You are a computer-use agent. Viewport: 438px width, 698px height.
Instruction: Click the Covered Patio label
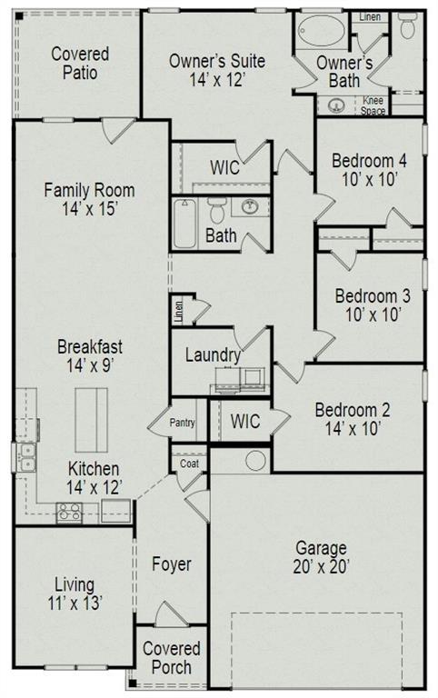[80, 64]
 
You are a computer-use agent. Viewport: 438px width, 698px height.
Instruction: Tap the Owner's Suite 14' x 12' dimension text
[218, 79]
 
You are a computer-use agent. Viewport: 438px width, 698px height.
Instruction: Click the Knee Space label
[373, 105]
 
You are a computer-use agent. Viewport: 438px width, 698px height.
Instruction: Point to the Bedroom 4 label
[369, 161]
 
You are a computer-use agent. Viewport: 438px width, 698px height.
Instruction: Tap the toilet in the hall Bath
[216, 211]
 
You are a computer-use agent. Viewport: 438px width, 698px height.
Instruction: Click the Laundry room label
[213, 355]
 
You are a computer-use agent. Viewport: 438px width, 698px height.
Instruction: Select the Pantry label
[183, 422]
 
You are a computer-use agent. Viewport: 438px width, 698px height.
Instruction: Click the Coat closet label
[189, 463]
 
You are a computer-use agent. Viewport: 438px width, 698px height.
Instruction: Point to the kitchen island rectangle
[91, 419]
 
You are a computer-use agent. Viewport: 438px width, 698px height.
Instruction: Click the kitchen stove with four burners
[70, 513]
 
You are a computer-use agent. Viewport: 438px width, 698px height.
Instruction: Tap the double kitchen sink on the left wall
[27, 456]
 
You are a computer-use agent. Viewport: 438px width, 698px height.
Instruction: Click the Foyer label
[171, 564]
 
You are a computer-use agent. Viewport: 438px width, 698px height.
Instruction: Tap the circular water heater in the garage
[255, 460]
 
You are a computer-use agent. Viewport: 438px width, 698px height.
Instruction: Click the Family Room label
[89, 190]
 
